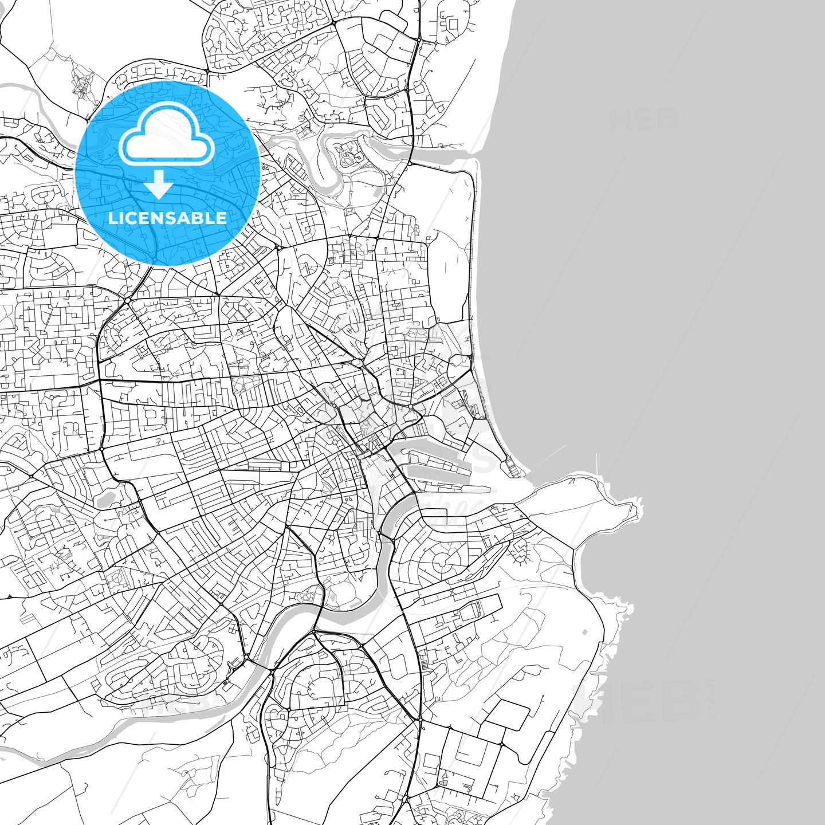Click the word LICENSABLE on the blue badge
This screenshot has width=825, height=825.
167,218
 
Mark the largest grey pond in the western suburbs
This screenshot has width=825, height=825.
107,498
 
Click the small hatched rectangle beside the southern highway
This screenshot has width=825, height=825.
425,664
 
